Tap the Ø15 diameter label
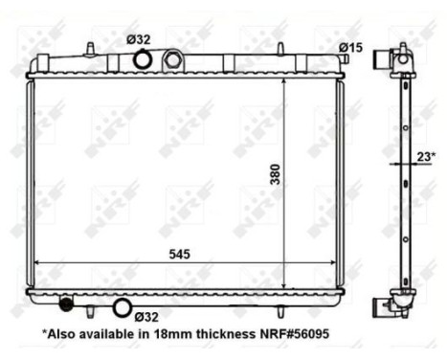coord(350,48)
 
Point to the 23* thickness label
coord(426,154)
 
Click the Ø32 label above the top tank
coord(139,39)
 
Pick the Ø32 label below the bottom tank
coord(146,315)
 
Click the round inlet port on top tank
coord(142,60)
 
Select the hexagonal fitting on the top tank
coord(173,59)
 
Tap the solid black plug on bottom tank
coord(66,305)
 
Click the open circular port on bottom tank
coord(122,307)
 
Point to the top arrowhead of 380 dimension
coord(285,82)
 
